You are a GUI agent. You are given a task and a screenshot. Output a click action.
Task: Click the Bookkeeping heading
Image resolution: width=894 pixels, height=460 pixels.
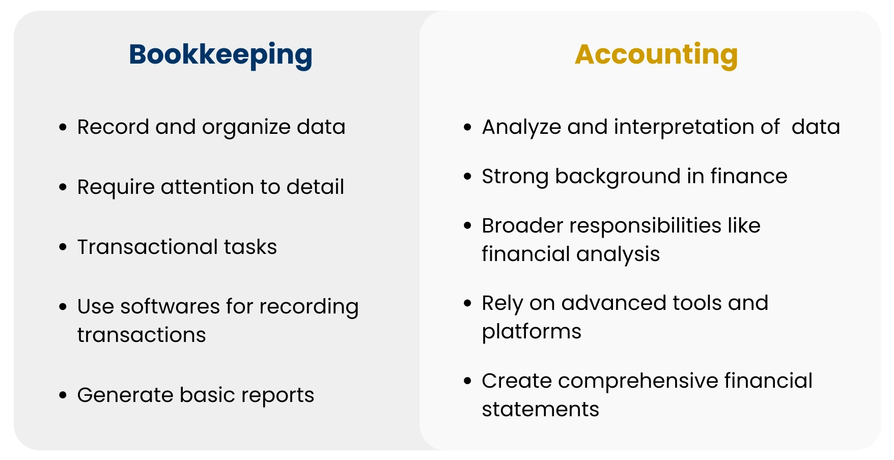pos(220,55)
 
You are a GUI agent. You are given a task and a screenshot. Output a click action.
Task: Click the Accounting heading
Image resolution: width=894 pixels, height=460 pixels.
pos(656,55)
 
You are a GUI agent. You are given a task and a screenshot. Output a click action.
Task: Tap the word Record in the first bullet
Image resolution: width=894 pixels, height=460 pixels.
pos(113,127)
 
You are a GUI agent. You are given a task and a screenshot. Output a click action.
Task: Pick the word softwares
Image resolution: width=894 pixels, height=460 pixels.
pos(170,307)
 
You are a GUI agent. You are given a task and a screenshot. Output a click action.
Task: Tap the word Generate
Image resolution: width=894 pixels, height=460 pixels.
pos(125,395)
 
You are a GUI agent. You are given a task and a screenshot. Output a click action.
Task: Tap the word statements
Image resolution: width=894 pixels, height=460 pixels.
pos(540,410)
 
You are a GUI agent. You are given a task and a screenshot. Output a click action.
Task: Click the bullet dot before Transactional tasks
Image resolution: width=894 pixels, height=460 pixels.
pos(63,248)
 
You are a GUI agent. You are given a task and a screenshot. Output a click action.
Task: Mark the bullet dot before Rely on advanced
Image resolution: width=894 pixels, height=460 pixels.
pos(468,304)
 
